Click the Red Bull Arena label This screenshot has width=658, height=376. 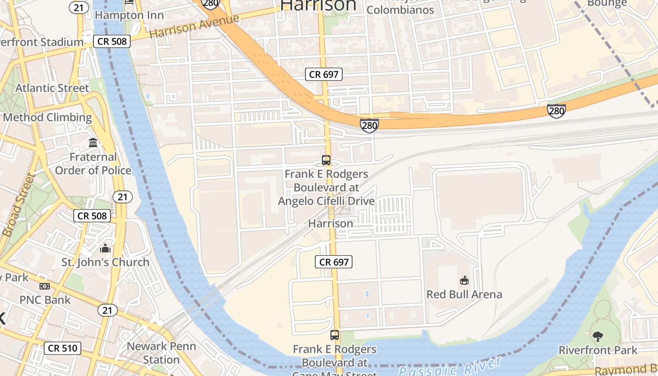464,295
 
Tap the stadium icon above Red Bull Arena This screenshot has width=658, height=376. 464,281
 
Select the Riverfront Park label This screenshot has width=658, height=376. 598,350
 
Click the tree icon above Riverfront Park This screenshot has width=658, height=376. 598,336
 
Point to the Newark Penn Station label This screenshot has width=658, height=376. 161,353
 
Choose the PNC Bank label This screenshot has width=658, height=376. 45,300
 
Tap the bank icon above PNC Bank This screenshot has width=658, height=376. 45,286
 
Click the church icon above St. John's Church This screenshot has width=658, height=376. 105,248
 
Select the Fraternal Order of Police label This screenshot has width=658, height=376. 93,164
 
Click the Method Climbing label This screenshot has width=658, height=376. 47,117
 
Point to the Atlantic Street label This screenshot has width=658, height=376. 52,88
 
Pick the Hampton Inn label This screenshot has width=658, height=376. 129,15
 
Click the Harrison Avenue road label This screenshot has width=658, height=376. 194,27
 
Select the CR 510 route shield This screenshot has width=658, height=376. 63,348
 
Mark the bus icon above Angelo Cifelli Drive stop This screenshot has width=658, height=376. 326,160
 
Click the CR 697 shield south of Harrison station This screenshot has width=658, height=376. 334,262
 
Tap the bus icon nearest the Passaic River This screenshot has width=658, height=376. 335,335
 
